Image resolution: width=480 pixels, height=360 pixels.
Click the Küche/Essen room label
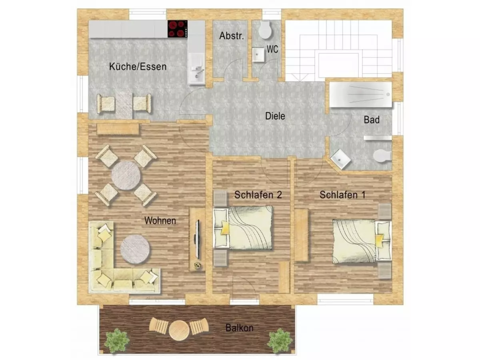138,67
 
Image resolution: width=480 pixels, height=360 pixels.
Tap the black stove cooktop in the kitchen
178,29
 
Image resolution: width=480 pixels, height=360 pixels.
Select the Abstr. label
231,36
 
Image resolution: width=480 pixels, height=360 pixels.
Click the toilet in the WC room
265,30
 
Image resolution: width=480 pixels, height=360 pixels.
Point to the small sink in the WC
258,55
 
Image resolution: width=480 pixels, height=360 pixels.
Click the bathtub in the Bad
360,95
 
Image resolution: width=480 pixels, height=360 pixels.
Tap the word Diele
275,116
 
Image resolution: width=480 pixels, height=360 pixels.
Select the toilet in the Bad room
382,156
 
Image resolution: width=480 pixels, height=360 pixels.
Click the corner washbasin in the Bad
340,159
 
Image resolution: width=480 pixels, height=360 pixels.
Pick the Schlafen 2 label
258,195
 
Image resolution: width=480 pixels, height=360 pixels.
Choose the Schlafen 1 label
342,195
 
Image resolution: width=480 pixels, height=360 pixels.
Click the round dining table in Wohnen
126,176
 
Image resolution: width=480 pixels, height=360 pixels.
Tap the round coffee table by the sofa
135,249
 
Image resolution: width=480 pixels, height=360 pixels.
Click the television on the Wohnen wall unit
197,239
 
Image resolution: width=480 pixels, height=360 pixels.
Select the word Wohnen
160,220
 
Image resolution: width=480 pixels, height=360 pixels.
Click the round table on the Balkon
179,330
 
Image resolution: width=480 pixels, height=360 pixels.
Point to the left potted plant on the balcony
116,341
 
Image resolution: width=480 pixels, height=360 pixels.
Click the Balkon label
240,328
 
